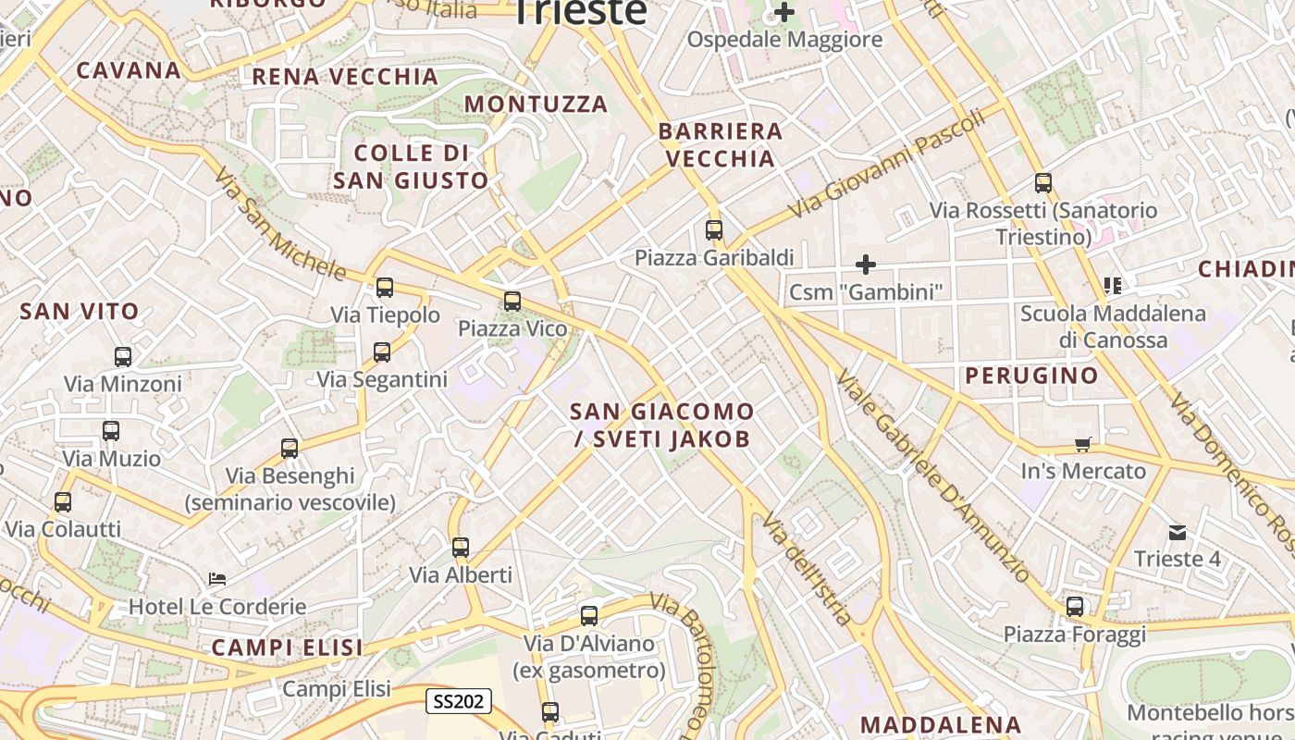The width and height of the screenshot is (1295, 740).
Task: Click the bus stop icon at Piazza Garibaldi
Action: pyautogui.click(x=713, y=230)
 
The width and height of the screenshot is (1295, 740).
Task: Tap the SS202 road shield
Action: pyautogui.click(x=459, y=701)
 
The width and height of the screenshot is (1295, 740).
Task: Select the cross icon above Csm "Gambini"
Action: pyautogui.click(x=865, y=265)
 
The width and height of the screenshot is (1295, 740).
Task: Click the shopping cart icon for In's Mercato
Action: pyautogui.click(x=1082, y=444)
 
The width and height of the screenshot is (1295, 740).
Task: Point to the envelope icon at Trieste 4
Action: pyautogui.click(x=1177, y=532)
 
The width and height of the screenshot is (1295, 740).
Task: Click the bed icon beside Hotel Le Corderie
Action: pyautogui.click(x=217, y=579)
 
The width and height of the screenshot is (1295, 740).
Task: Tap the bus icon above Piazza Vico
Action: pyautogui.click(x=512, y=301)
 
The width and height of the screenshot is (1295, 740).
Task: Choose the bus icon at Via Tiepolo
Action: pyautogui.click(x=384, y=288)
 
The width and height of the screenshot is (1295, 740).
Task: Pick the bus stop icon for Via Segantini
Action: pyautogui.click(x=381, y=351)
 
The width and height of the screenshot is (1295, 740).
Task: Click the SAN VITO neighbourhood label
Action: pyautogui.click(x=80, y=312)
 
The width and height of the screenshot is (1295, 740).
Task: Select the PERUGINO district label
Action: pyautogui.click(x=1031, y=376)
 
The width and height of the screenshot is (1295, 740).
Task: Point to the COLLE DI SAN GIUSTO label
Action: pyautogui.click(x=411, y=166)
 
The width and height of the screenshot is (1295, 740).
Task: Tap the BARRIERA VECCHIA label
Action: pyautogui.click(x=721, y=145)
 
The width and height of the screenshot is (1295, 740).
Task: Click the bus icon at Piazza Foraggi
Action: pyautogui.click(x=1074, y=607)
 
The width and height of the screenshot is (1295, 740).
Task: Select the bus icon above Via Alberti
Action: pyautogui.click(x=460, y=547)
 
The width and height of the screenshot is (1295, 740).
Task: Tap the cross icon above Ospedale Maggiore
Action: pyautogui.click(x=784, y=13)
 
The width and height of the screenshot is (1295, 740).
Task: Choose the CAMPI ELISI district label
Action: pyautogui.click(x=287, y=647)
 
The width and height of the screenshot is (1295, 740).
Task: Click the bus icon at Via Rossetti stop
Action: pyautogui.click(x=1042, y=183)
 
